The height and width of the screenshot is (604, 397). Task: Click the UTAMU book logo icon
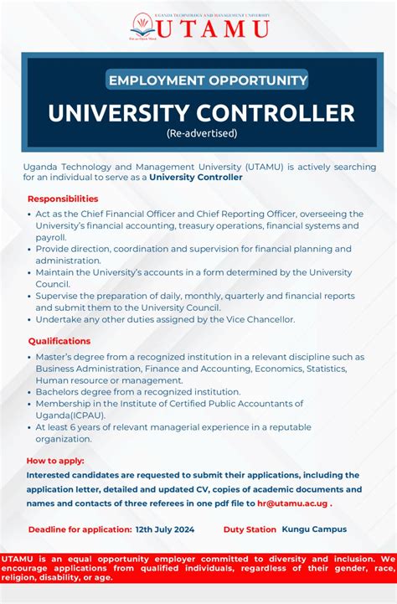[x=142, y=25]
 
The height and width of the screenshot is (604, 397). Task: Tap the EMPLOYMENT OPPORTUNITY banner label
[x=208, y=80]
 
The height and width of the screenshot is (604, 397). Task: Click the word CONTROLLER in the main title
[x=271, y=113]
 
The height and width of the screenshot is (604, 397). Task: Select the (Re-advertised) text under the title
[x=202, y=133]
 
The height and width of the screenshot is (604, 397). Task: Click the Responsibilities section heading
[x=63, y=199]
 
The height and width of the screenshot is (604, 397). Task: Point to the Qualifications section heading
[x=59, y=341]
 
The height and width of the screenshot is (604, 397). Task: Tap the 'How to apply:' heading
[x=55, y=461]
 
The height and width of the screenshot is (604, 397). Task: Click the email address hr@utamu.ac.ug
[x=292, y=503]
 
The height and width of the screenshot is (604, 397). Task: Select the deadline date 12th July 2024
[x=165, y=529]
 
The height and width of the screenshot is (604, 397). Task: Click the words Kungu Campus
[x=314, y=529]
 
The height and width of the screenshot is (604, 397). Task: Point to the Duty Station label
[x=250, y=529]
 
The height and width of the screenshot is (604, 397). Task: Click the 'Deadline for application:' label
[x=80, y=529]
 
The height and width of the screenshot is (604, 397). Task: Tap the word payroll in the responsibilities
[x=50, y=237]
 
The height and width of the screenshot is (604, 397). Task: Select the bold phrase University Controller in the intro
[x=196, y=178]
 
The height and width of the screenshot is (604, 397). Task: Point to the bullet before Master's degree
[x=28, y=357]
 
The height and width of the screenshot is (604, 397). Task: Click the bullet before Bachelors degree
[x=28, y=392]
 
